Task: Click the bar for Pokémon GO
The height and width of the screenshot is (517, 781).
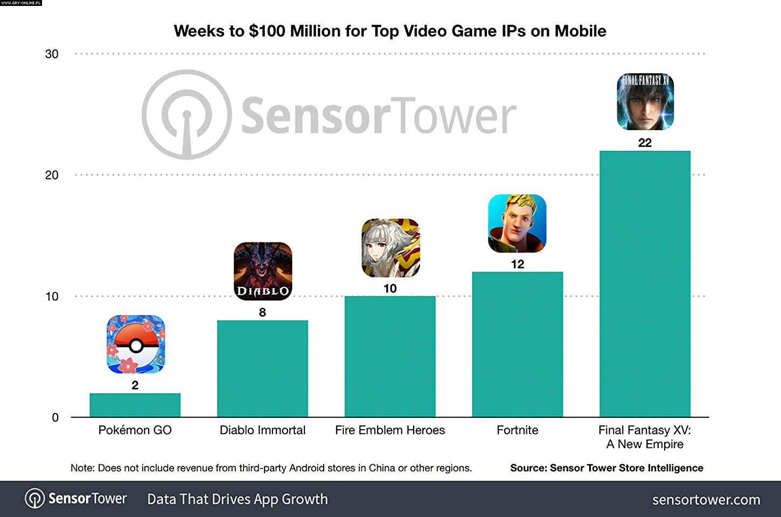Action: pyautogui.click(x=135, y=405)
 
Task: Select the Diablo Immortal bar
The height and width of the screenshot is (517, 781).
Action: pyautogui.click(x=262, y=368)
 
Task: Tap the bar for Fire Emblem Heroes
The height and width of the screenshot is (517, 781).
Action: pyautogui.click(x=390, y=357)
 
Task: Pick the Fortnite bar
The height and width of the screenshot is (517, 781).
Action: pyautogui.click(x=517, y=345)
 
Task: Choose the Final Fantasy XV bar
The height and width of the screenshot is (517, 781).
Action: pyautogui.click(x=645, y=284)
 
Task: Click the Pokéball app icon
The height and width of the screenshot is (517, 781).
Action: pyautogui.click(x=136, y=344)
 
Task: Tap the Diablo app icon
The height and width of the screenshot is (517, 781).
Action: pyautogui.click(x=263, y=271)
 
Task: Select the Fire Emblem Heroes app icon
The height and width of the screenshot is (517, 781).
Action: pyautogui.click(x=390, y=248)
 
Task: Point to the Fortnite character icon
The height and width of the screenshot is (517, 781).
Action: pyautogui.click(x=517, y=223)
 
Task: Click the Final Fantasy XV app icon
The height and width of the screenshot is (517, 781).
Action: pyautogui.click(x=645, y=101)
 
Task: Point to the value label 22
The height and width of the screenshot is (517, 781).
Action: pyautogui.click(x=645, y=143)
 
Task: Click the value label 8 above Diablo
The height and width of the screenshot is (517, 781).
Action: pyautogui.click(x=262, y=312)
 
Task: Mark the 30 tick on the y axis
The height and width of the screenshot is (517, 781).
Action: pyautogui.click(x=52, y=54)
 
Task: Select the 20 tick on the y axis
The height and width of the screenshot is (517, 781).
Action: pyautogui.click(x=52, y=175)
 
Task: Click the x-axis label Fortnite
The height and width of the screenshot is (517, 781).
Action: pyautogui.click(x=517, y=430)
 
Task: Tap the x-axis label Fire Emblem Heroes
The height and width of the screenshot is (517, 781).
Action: pyautogui.click(x=390, y=430)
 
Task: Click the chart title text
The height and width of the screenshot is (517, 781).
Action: pyautogui.click(x=390, y=31)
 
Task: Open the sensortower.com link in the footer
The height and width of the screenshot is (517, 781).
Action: pyautogui.click(x=706, y=500)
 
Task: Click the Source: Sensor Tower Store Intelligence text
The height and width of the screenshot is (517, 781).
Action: pyautogui.click(x=606, y=468)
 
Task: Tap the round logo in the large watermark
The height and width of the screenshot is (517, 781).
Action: pyautogui.click(x=186, y=115)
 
